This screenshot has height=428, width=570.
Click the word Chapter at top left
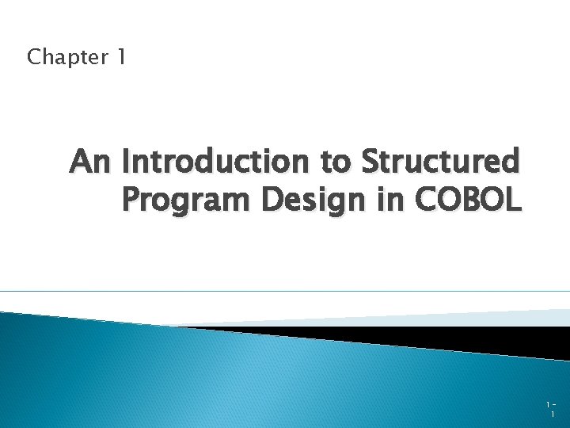(67, 57)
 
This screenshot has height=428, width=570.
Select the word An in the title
(93, 162)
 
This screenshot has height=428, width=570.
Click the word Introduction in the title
(218, 162)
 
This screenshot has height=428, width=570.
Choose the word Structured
(442, 162)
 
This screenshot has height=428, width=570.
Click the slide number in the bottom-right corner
(550, 409)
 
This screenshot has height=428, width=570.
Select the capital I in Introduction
(127, 162)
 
